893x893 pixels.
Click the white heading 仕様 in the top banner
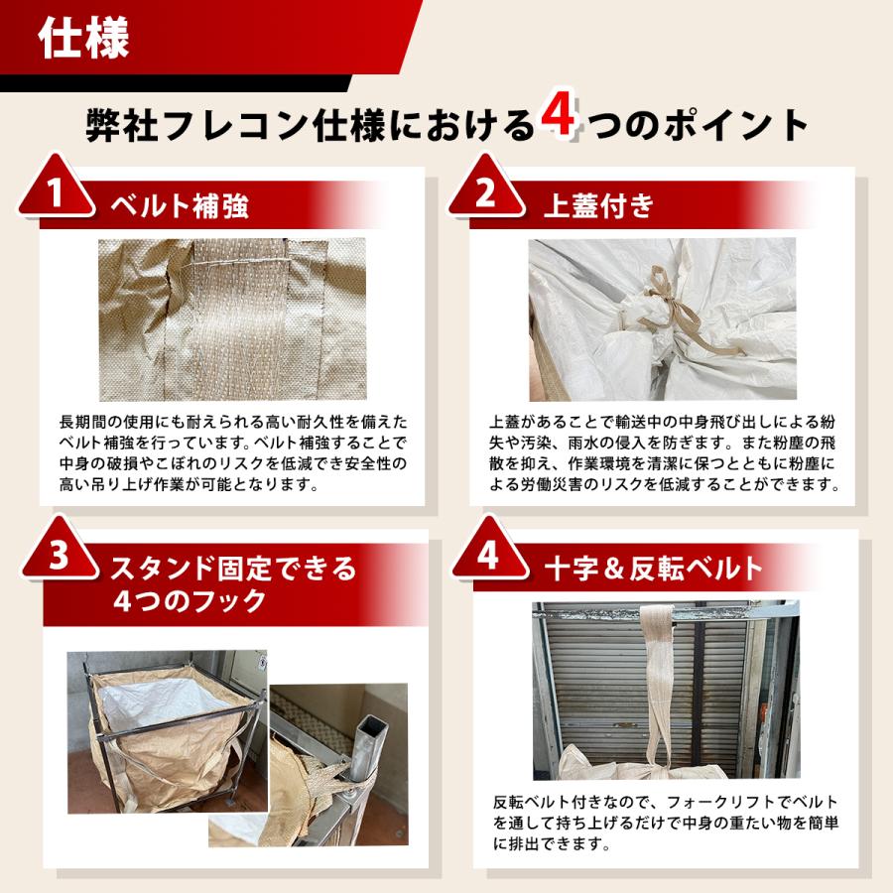[83, 38]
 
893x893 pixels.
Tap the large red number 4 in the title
[558, 116]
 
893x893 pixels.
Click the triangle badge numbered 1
[56, 187]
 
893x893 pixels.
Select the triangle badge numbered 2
[485, 187]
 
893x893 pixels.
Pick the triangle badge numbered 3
[60, 549]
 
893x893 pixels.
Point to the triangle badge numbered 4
[488, 549]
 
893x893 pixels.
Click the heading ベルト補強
[180, 205]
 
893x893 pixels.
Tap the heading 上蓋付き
[598, 205]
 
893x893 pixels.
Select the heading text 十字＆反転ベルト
[653, 568]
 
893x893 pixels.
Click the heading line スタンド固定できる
[233, 568]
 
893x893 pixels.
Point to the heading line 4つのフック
[190, 601]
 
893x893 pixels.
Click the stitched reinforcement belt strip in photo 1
[239, 319]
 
